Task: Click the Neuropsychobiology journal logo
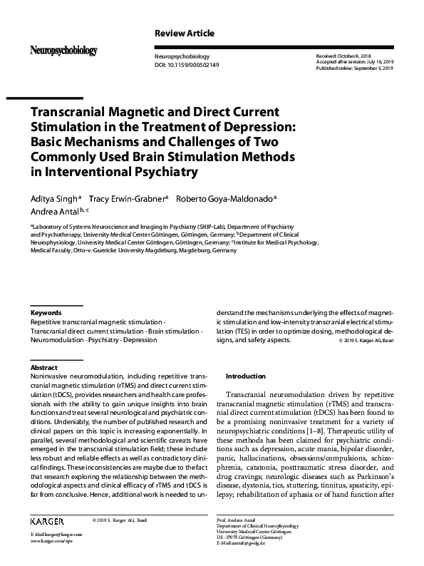(x=63, y=51)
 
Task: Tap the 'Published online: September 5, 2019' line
(x=354, y=68)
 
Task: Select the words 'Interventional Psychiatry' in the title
(x=119, y=171)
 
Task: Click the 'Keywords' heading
(x=46, y=312)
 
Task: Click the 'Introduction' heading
(x=245, y=376)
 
